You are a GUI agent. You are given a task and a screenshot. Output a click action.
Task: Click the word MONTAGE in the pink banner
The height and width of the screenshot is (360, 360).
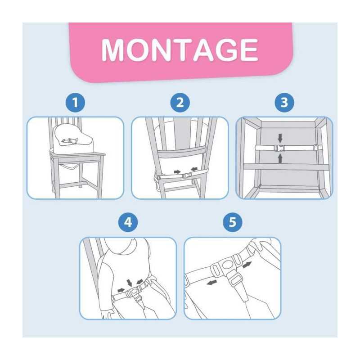180,50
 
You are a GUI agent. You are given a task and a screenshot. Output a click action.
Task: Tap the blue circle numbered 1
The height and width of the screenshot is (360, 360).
75,103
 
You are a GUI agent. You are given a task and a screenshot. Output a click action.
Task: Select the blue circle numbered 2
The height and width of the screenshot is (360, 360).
180,103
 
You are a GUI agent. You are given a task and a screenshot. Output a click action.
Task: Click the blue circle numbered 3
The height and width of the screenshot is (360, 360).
284,103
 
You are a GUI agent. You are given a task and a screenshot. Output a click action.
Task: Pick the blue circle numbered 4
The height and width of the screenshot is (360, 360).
128,222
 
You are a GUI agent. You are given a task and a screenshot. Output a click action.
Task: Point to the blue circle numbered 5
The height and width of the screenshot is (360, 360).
233,222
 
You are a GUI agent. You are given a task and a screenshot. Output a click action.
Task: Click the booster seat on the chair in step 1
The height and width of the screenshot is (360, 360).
72,139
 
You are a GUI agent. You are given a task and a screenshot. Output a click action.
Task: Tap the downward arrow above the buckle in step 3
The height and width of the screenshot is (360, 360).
280,138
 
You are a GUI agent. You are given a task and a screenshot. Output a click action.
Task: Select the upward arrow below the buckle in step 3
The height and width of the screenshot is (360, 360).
280,158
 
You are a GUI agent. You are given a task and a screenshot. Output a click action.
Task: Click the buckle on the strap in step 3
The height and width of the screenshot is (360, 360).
279,148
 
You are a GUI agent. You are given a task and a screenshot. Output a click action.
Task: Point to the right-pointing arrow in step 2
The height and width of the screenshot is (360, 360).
177,172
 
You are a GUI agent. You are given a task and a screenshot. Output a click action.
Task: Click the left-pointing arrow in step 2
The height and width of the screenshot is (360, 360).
194,170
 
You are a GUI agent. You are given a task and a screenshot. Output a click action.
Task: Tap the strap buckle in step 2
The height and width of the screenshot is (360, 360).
187,175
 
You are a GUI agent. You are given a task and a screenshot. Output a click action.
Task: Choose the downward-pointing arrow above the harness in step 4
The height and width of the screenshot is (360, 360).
130,283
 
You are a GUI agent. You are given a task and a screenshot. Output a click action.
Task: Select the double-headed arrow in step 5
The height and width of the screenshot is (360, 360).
247,265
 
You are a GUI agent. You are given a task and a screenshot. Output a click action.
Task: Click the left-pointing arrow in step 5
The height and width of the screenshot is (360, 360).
212,283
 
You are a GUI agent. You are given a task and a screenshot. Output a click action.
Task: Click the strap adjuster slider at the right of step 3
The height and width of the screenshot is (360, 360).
316,148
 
